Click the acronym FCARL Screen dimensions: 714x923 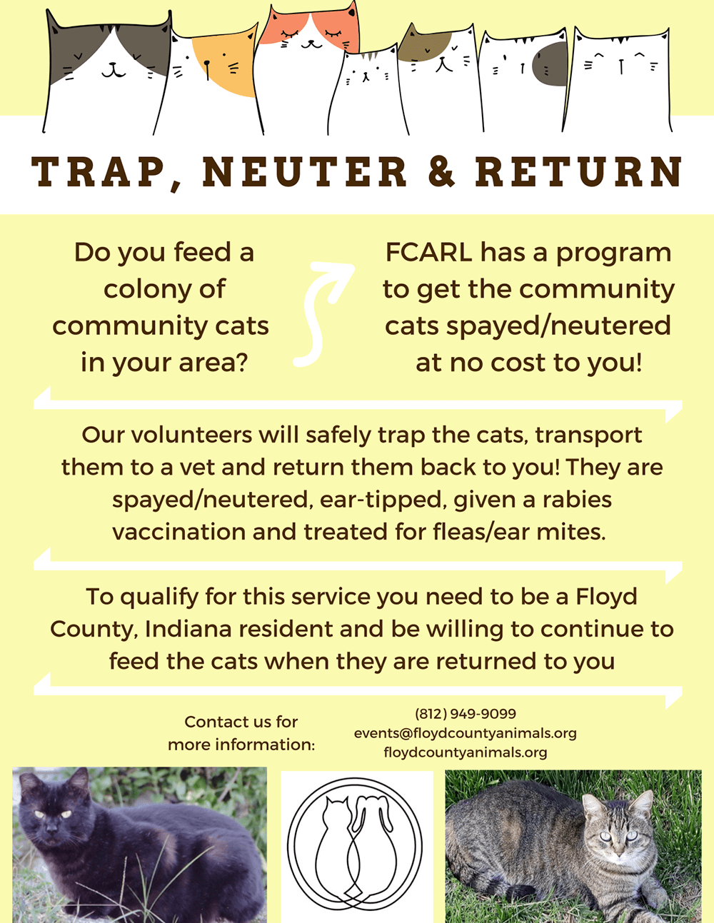click(x=428, y=252)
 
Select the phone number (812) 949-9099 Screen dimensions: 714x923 click(x=465, y=714)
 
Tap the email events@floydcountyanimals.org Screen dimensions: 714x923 click(x=465, y=733)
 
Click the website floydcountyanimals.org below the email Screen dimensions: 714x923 click(x=465, y=752)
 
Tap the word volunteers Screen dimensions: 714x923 click(x=192, y=435)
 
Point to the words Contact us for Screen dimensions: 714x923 click(x=241, y=722)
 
